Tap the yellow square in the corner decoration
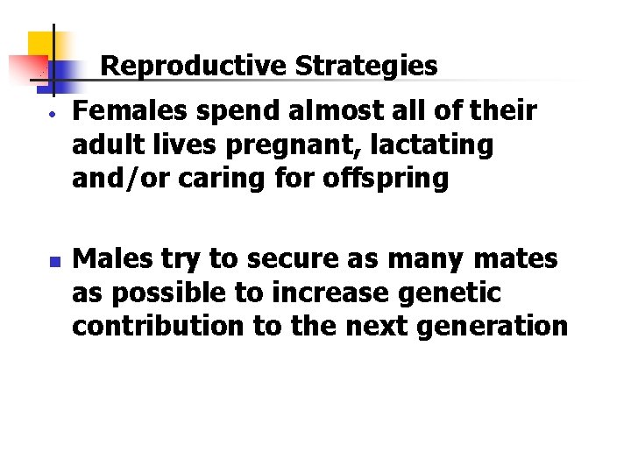(42, 46)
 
